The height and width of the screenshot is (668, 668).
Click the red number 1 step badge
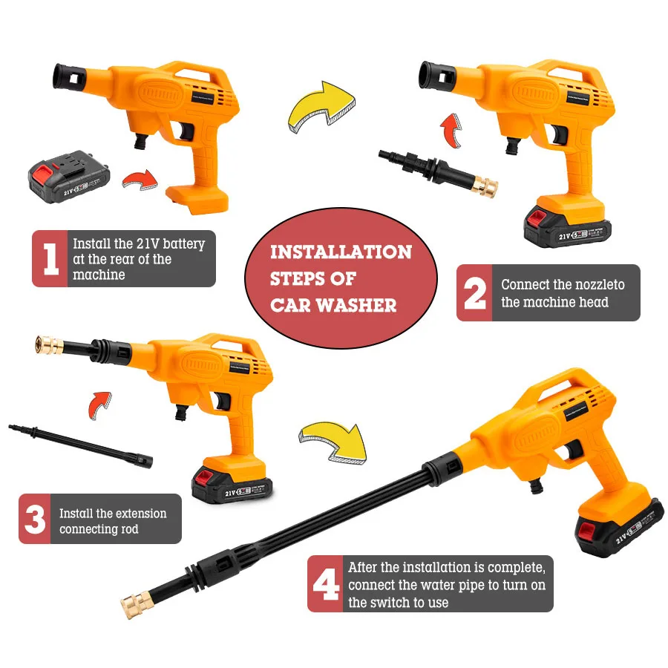(x=51, y=259)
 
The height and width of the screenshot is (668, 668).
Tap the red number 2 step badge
(x=474, y=293)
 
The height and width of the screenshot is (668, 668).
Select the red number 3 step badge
(x=36, y=519)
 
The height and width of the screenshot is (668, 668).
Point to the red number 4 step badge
(x=325, y=583)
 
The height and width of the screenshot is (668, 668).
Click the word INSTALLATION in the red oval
(x=340, y=252)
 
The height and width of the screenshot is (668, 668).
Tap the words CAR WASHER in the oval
(x=333, y=304)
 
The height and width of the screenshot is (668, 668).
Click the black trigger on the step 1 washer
(x=184, y=132)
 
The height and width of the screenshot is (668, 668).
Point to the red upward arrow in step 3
(x=98, y=405)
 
